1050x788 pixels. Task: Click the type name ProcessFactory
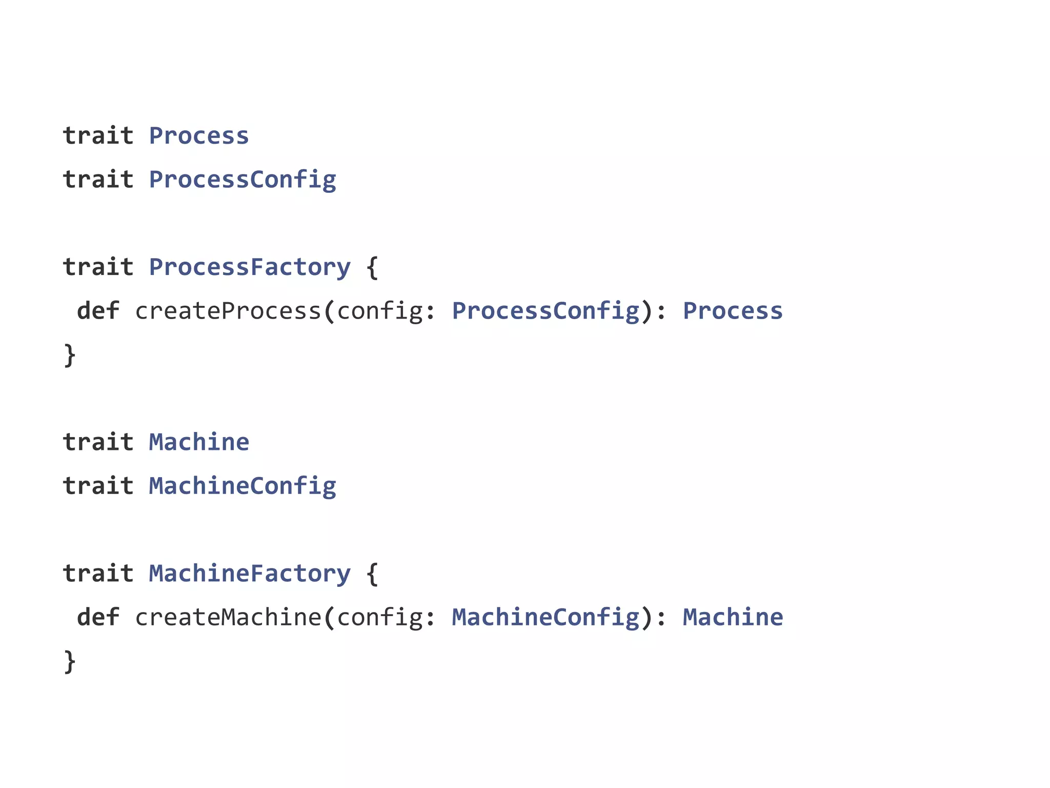click(250, 267)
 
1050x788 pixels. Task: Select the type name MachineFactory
click(250, 574)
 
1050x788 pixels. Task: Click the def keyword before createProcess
click(98, 311)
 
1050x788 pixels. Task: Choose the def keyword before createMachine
click(98, 617)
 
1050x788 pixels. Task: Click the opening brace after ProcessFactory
click(373, 267)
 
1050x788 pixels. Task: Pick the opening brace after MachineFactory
click(373, 574)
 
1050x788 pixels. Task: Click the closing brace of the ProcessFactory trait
click(70, 355)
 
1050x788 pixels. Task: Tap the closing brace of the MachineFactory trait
click(70, 661)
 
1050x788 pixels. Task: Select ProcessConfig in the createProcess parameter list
click(546, 311)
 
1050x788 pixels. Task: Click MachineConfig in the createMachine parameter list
click(546, 617)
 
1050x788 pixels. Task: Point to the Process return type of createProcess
click(733, 311)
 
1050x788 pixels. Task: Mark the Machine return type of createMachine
click(733, 617)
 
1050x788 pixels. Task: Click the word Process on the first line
click(199, 136)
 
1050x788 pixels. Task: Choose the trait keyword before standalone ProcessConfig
click(98, 180)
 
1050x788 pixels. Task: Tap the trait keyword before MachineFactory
click(98, 574)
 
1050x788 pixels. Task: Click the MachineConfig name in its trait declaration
click(243, 486)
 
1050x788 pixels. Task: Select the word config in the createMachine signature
click(379, 617)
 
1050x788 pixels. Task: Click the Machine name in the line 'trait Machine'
click(199, 442)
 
